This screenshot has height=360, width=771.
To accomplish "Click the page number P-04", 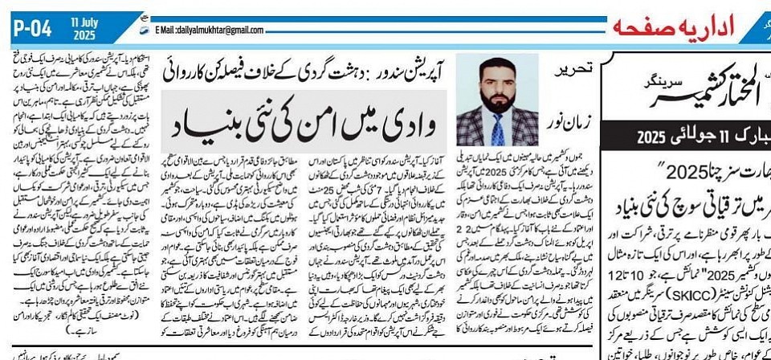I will (x=31, y=29).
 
